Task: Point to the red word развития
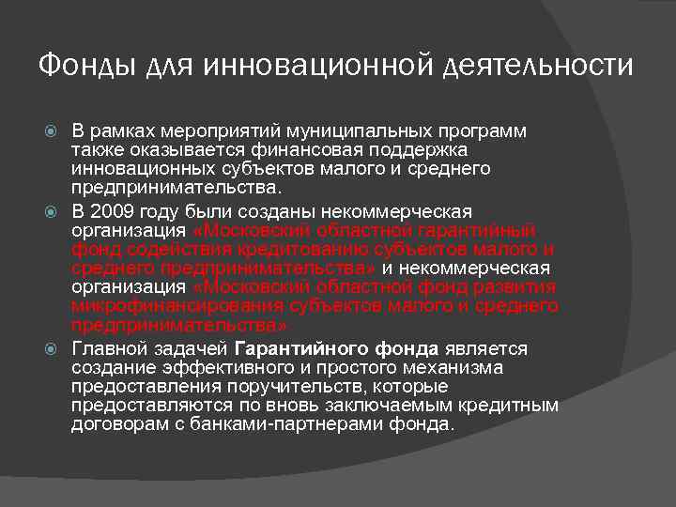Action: [517, 287]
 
